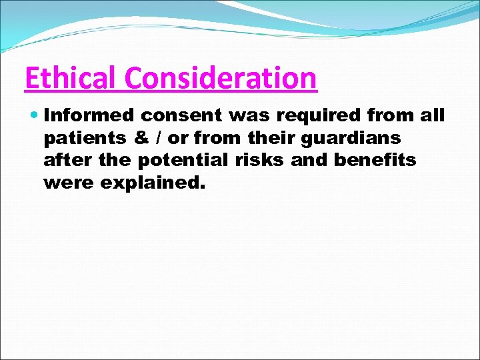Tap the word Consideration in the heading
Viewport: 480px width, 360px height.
pyautogui.click(x=221, y=78)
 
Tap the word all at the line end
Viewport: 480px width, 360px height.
pyautogui.click(x=431, y=116)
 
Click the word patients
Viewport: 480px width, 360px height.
pyautogui.click(x=82, y=138)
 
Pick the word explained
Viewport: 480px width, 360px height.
pyautogui.click(x=150, y=182)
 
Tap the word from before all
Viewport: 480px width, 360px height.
pyautogui.click(x=390, y=116)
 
